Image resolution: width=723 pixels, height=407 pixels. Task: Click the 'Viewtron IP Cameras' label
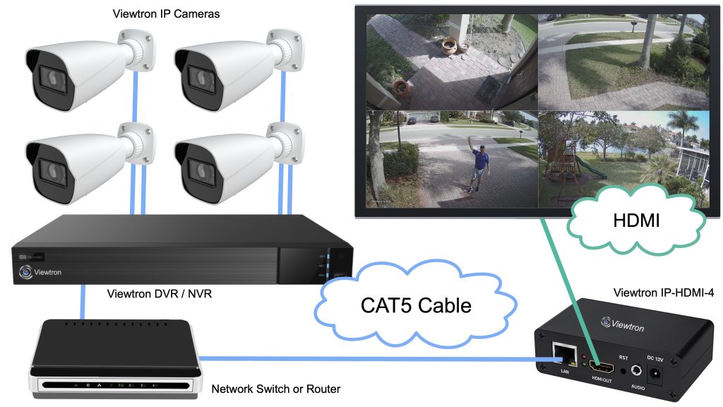click(x=166, y=13)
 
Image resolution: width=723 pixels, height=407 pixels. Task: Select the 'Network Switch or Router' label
click(x=276, y=389)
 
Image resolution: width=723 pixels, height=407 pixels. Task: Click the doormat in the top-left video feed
click(x=489, y=88)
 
